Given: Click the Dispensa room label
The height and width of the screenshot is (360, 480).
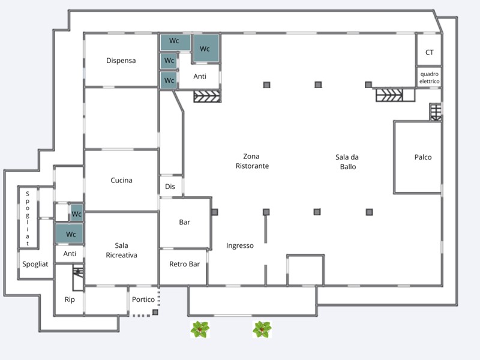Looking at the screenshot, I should coord(121,61).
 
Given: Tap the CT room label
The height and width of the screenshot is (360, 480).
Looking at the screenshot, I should coord(430,53).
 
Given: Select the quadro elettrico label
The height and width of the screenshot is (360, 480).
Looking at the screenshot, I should coord(430,77).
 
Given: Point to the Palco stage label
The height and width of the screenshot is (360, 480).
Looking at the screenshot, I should coord(422,158).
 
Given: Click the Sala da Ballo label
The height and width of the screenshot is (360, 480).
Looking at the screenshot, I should coord(347,162).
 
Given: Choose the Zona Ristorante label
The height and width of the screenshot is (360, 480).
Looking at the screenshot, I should coord(252,161).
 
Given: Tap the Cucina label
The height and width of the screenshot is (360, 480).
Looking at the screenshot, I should coord(122,181).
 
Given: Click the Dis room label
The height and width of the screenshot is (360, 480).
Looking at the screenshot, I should coord(170,187).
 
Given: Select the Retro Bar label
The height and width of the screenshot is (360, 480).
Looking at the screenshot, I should coord(184,264).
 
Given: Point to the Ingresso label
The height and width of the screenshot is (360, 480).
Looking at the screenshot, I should coord(240,245).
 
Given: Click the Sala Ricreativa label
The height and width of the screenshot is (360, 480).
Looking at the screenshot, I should coord(122,250).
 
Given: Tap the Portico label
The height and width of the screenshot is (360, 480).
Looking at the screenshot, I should coord(143,299).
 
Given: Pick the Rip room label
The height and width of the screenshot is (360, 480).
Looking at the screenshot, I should coord(69,299).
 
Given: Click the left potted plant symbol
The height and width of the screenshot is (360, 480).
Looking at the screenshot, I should coord(200,329).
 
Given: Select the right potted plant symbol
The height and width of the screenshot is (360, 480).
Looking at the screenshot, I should coord(262,329).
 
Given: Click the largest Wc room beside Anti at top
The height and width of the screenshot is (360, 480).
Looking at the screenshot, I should coord(205,49).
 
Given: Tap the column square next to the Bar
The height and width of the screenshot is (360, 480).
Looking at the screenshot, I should coord(214,212).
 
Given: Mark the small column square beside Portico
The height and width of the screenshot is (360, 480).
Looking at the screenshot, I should coord(155,312).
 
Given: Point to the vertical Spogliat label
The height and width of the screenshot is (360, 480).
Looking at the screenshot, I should coord(28,218).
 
